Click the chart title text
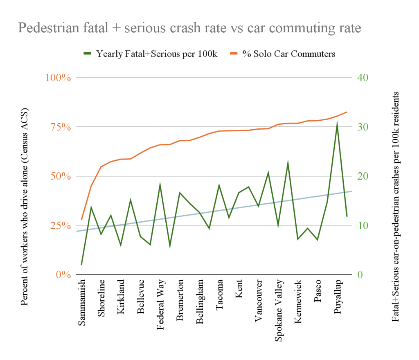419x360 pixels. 189,28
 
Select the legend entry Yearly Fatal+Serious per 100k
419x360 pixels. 156,54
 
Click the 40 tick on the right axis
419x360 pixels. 363,77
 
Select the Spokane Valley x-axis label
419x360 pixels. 279,310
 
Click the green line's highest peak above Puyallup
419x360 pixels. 337,123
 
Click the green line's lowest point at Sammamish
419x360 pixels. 81,265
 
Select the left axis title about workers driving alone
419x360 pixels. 24,207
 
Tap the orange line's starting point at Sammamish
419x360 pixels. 81,220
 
